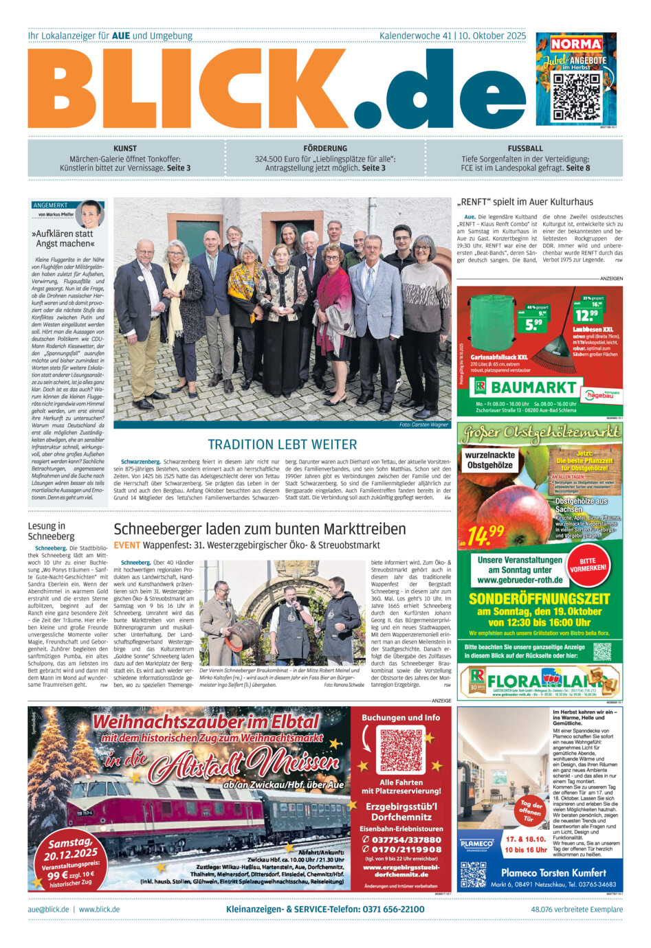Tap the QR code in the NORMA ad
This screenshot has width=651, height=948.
click(x=575, y=96)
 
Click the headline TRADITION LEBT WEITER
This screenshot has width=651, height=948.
click(x=283, y=444)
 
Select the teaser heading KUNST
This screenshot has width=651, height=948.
click(x=125, y=148)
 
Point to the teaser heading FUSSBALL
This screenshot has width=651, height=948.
click(x=525, y=148)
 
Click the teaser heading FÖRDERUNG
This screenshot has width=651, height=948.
click(x=325, y=148)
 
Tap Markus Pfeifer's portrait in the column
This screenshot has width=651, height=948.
click(x=90, y=214)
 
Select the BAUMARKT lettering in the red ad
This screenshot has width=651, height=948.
click(x=533, y=387)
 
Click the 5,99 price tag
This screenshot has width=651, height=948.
click(x=534, y=323)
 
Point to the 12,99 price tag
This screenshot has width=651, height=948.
click(x=587, y=315)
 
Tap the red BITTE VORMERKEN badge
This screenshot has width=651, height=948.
click(x=588, y=564)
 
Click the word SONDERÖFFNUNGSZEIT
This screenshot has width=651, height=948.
click(x=540, y=598)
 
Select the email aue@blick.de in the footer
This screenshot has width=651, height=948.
click(x=48, y=909)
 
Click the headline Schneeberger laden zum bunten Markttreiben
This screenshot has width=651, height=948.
click(x=259, y=529)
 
